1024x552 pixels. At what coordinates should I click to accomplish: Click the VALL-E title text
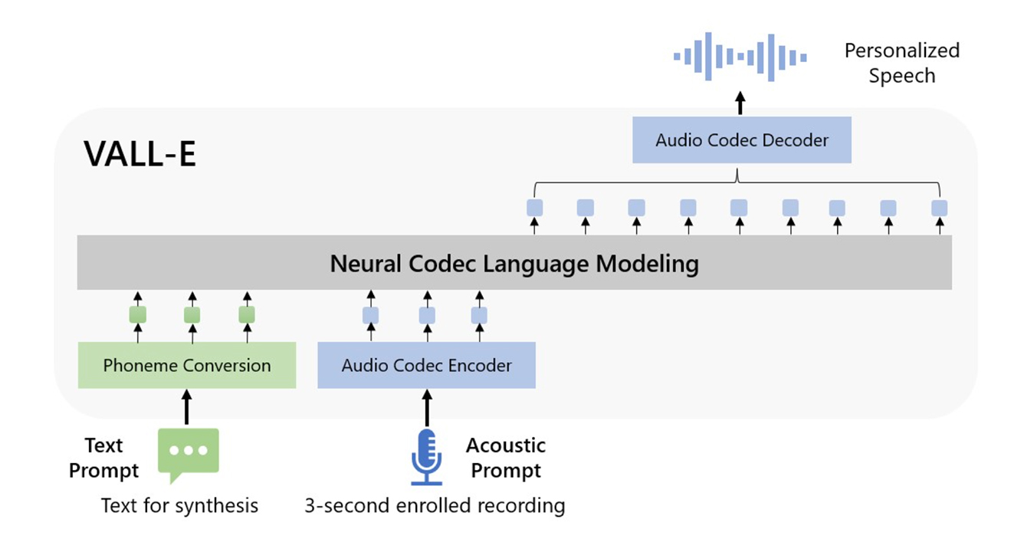click(140, 154)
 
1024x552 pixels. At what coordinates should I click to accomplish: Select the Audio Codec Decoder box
click(741, 140)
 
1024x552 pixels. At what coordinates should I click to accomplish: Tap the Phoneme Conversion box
click(187, 365)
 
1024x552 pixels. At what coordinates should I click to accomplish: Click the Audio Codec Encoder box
click(426, 365)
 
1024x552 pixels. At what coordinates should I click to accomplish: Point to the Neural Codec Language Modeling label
click(514, 264)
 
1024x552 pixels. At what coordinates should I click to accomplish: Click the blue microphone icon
click(426, 457)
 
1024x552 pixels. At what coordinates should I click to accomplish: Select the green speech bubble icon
click(188, 453)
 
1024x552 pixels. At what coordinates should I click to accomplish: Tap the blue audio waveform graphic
click(740, 56)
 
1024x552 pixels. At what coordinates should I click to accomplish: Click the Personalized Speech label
click(901, 63)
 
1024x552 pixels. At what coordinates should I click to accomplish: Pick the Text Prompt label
click(104, 458)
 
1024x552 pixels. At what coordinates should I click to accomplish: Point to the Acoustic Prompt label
click(506, 457)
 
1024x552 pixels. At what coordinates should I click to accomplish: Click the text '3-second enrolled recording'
click(435, 506)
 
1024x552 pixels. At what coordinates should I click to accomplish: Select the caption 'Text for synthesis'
click(180, 506)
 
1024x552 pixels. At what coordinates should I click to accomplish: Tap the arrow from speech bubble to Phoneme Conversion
click(186, 407)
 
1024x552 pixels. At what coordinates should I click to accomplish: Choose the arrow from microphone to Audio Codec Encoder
click(426, 407)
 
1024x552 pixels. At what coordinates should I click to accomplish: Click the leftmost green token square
click(138, 314)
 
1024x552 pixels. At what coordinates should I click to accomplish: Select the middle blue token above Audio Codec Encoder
click(427, 315)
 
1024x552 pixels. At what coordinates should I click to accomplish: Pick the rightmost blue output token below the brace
click(939, 208)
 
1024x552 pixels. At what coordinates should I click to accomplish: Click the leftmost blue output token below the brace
click(534, 208)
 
